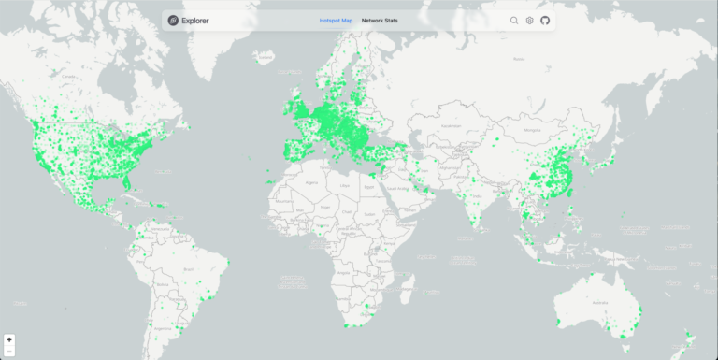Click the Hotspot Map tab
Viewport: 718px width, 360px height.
click(x=336, y=20)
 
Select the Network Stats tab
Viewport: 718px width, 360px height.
click(x=380, y=20)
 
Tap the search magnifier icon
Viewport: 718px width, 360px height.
click(x=514, y=20)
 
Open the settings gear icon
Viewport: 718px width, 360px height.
click(x=529, y=20)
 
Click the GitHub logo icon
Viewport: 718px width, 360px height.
click(x=545, y=20)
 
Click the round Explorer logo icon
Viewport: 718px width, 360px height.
click(x=173, y=20)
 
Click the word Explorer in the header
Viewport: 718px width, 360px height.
click(x=195, y=20)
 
